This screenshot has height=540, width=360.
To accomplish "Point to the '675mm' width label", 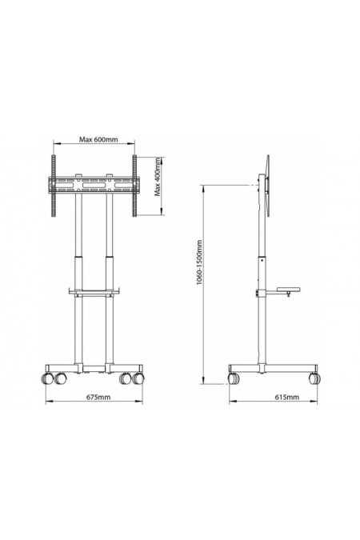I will point(94,397).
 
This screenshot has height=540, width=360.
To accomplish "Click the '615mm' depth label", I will point(278,397).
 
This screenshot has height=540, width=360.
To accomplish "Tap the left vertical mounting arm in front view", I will point(54,186).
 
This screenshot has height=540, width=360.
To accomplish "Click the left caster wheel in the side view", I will point(234,377).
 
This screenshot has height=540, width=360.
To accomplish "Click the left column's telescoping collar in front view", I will point(78,258).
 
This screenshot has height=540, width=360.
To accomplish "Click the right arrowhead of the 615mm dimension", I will point(322,404).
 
